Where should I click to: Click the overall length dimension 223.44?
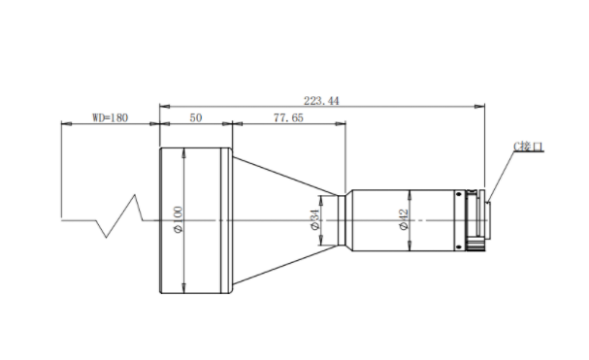321,101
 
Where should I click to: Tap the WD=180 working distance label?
110,117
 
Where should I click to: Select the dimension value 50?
196,117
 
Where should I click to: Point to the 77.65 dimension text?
288,117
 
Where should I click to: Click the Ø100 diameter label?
179,219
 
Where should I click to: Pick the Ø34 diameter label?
314,219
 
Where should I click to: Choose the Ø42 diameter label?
403,220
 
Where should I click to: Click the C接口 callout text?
529,147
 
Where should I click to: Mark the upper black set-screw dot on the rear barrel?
459,194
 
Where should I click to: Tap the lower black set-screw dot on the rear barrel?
459,246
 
